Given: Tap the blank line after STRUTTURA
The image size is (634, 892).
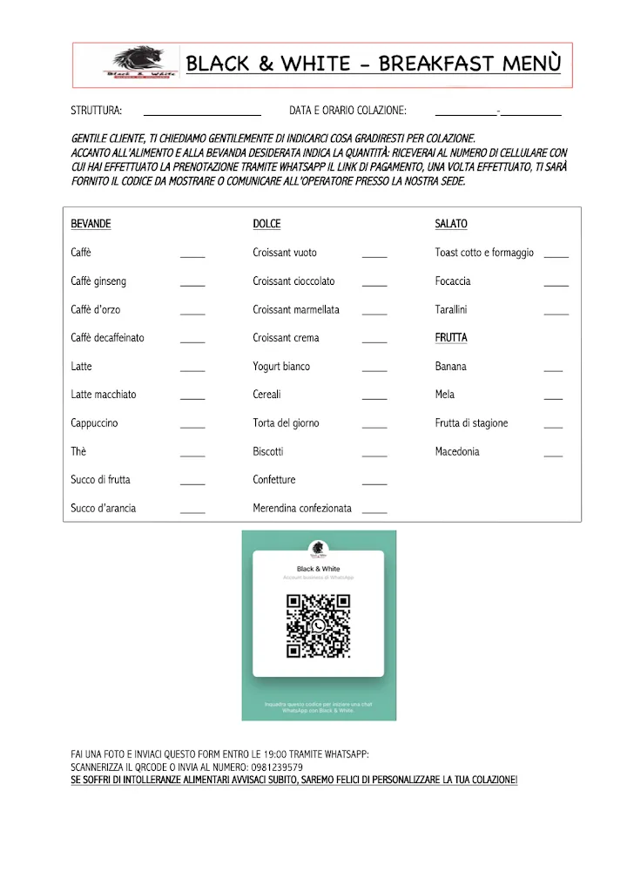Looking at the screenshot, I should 202,114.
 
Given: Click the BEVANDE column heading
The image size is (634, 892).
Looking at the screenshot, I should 91,224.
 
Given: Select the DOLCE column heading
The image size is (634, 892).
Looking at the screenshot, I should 266,224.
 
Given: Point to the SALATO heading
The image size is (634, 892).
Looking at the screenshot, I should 451,224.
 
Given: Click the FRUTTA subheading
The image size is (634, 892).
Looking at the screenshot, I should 451,338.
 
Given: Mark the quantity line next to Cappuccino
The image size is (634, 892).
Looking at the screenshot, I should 192,428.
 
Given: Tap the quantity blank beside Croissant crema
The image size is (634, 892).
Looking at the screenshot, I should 374,342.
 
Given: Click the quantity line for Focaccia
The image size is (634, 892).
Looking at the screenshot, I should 556,286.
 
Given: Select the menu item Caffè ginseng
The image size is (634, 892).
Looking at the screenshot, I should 98,281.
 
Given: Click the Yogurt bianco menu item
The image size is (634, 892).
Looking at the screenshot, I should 281,367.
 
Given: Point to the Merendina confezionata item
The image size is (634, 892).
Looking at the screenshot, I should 302,509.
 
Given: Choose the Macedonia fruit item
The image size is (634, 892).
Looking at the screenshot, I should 457,452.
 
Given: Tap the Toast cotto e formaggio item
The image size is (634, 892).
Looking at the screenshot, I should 484,253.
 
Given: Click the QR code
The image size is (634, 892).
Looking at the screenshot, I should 318,625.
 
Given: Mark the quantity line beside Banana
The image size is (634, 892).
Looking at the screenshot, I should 553,371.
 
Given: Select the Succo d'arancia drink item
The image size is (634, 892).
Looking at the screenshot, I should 104,509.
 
